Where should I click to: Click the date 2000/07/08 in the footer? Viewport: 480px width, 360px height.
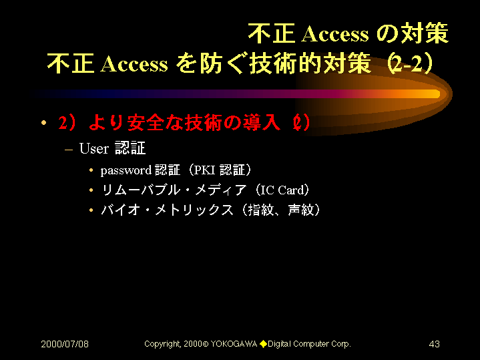[x=65, y=344]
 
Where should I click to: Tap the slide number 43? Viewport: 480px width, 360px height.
[x=434, y=344]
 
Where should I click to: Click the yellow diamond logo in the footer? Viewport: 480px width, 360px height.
[x=263, y=344]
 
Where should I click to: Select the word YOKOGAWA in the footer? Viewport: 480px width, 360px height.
[x=234, y=344]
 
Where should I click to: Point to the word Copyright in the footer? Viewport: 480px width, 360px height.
[x=162, y=345]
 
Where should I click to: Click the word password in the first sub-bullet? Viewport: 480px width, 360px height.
[x=126, y=170]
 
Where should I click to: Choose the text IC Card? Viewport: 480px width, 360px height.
[x=282, y=190]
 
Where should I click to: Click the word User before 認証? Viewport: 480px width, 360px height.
[x=94, y=148]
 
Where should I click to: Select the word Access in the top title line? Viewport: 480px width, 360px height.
[x=335, y=33]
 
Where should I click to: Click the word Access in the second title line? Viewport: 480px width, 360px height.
[x=134, y=64]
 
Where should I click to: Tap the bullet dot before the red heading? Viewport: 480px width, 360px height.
[x=44, y=123]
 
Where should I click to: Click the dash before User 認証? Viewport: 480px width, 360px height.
[x=69, y=150]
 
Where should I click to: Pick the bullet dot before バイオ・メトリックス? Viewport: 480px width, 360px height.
[x=91, y=210]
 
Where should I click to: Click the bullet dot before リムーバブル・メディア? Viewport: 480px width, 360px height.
[x=91, y=190]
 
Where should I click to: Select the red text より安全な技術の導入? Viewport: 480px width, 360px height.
[x=184, y=123]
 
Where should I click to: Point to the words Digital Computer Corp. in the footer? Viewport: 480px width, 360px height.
[x=309, y=345]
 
